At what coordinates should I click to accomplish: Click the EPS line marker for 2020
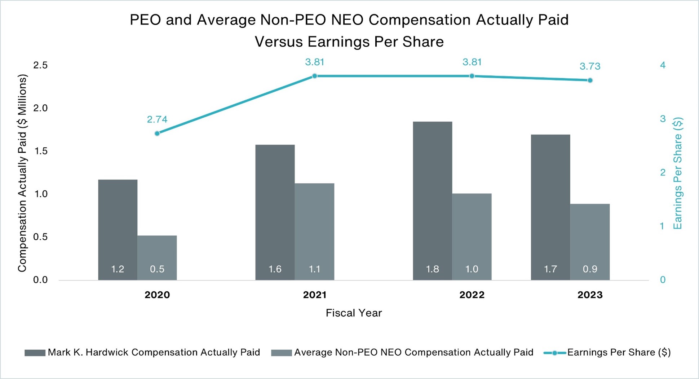(x=157, y=134)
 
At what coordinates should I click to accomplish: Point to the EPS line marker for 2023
(x=590, y=80)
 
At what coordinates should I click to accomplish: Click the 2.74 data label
(x=157, y=119)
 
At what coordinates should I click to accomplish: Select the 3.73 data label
(x=590, y=66)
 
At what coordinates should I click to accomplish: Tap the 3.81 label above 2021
(x=314, y=62)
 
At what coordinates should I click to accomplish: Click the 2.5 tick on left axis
(x=40, y=65)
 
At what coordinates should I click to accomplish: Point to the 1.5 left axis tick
(x=40, y=151)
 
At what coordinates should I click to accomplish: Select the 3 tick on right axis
(x=663, y=119)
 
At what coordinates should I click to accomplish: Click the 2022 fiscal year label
(x=472, y=295)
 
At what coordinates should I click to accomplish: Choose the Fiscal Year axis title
(x=353, y=313)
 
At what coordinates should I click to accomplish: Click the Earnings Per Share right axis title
(x=678, y=173)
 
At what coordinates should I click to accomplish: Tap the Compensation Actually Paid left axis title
(x=22, y=173)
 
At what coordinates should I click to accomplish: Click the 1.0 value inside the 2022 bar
(x=472, y=269)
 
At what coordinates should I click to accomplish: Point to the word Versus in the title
(x=279, y=42)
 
